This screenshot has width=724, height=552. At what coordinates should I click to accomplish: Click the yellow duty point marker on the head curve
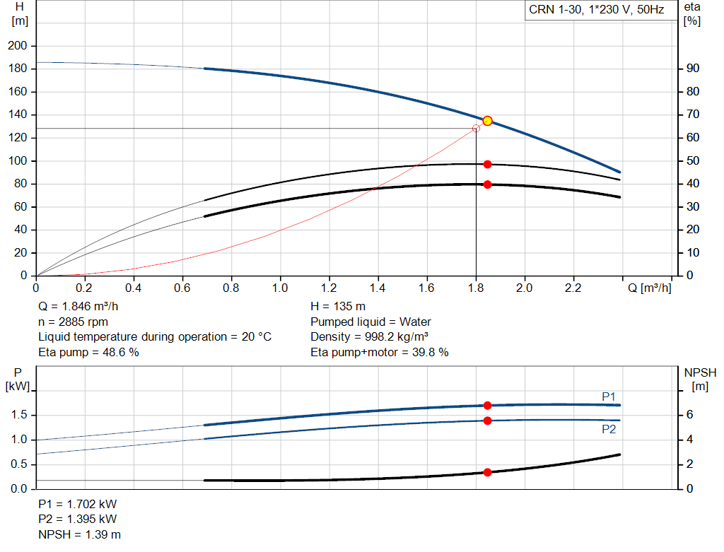487,121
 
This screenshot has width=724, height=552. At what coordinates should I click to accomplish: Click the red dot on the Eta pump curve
487,164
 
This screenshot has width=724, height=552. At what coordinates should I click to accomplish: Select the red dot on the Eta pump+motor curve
487,184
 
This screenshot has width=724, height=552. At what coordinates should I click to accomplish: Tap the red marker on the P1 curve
487,405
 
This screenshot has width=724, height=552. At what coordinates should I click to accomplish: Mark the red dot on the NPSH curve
487,472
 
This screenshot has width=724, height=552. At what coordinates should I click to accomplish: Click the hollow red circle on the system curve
476,129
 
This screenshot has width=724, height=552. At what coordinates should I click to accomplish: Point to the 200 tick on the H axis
17,46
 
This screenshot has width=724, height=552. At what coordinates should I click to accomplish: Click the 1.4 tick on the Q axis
378,288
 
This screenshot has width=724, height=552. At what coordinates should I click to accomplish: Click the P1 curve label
609,397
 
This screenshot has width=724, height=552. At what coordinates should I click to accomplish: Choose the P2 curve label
609,429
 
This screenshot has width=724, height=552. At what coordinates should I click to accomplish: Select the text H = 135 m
338,307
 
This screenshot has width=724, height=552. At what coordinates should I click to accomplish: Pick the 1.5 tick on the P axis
19,415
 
